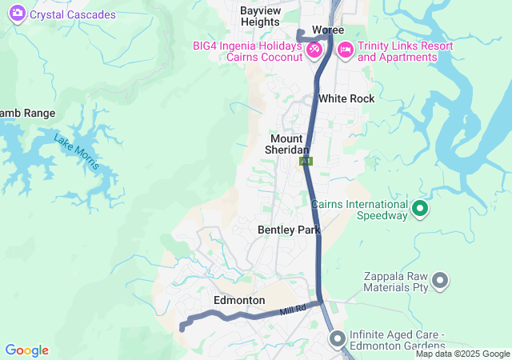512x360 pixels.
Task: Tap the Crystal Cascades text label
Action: (73, 14)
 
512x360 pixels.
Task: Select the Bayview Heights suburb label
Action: (260, 16)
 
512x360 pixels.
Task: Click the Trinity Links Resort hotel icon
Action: (345, 50)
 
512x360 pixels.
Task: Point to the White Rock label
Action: (346, 98)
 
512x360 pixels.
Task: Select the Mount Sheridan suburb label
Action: (288, 144)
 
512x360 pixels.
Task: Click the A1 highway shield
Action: (306, 161)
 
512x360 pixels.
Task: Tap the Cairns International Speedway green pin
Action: (420, 211)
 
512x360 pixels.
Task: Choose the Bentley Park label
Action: (289, 230)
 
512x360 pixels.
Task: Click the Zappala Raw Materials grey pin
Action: (439, 281)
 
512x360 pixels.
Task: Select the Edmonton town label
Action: (239, 300)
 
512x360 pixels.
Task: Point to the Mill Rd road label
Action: (294, 310)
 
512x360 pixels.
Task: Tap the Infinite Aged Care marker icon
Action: (337, 339)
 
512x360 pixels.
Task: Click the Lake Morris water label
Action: (77, 151)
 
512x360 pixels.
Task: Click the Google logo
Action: (26, 350)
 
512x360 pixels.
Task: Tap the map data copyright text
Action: (462, 354)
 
